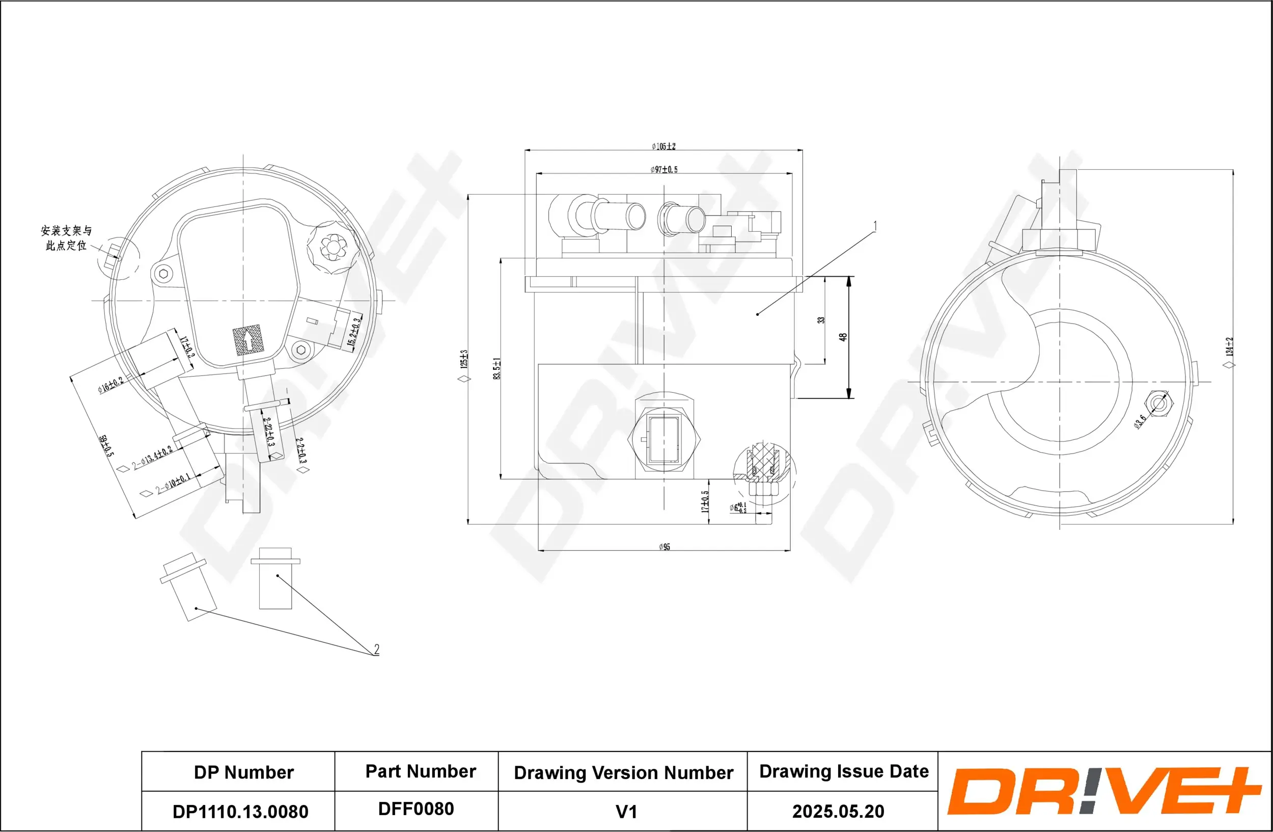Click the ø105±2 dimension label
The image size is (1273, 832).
pos(663,146)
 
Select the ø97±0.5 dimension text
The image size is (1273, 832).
pos(664,170)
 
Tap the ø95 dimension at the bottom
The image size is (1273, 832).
pos(665,547)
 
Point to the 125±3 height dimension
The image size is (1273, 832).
pos(464,359)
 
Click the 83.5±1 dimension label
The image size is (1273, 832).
pos(497,369)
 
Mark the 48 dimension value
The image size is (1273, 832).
pos(843,337)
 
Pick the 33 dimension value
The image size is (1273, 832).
pos(821,320)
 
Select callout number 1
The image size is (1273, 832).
pos(875,226)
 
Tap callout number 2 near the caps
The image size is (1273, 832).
pos(376,650)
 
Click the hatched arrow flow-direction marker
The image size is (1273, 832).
pos(248,340)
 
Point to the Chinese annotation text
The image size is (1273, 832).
pos(66,237)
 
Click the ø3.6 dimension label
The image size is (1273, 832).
pos(1140,422)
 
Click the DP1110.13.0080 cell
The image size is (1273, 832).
pos(240,812)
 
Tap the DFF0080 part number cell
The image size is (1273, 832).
pos(416,809)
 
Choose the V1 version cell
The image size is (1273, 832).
pos(626,812)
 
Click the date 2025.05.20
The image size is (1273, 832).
pos(838,811)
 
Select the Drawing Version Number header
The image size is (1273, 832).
pos(623,772)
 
